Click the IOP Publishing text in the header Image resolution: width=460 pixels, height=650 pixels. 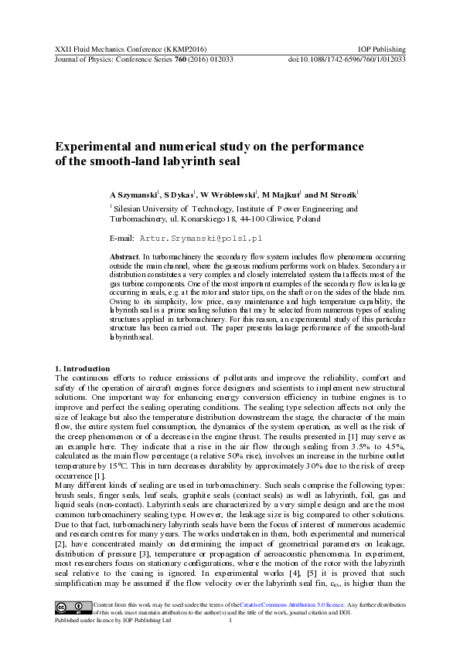tap(383, 48)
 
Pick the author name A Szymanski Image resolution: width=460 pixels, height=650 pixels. tap(134, 195)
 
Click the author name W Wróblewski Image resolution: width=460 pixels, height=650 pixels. tap(229, 195)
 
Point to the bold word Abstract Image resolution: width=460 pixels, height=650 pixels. tap(124, 256)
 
